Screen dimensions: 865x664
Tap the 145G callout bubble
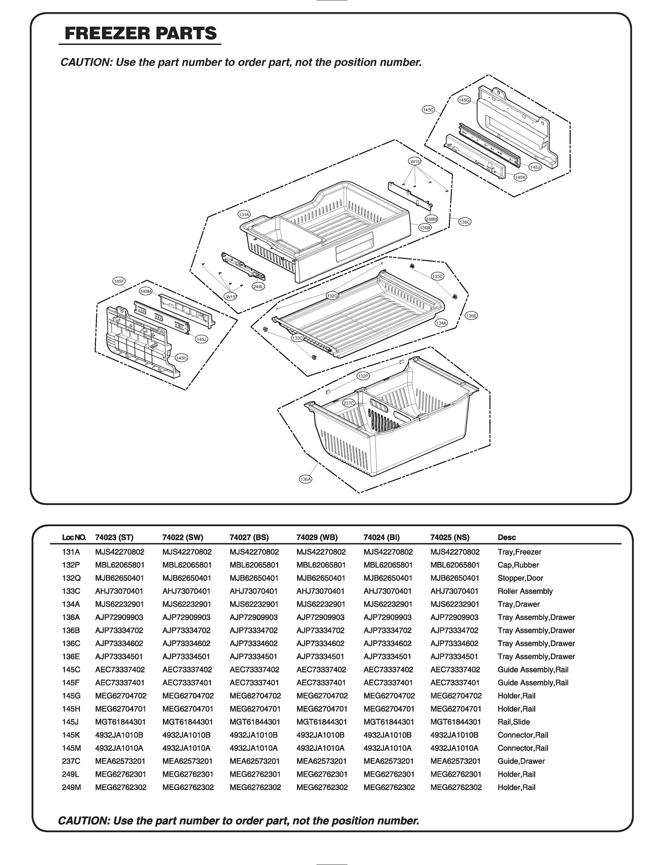464,100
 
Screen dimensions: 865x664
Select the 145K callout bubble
520,178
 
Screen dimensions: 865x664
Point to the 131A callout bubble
244,215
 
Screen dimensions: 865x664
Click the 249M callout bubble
431,219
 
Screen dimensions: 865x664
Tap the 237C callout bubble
349,403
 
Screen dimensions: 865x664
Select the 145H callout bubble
182,358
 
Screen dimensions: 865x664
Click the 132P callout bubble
363,376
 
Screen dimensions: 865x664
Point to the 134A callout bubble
441,323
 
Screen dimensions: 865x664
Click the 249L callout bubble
258,287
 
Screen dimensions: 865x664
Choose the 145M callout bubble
146,291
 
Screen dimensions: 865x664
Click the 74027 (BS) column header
249,537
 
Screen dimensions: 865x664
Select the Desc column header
506,537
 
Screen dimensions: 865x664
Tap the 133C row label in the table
71,591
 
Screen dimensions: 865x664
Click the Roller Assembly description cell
525,591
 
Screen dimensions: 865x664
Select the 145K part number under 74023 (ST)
119,735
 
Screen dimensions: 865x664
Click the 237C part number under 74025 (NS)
455,761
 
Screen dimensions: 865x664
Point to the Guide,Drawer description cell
521,761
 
